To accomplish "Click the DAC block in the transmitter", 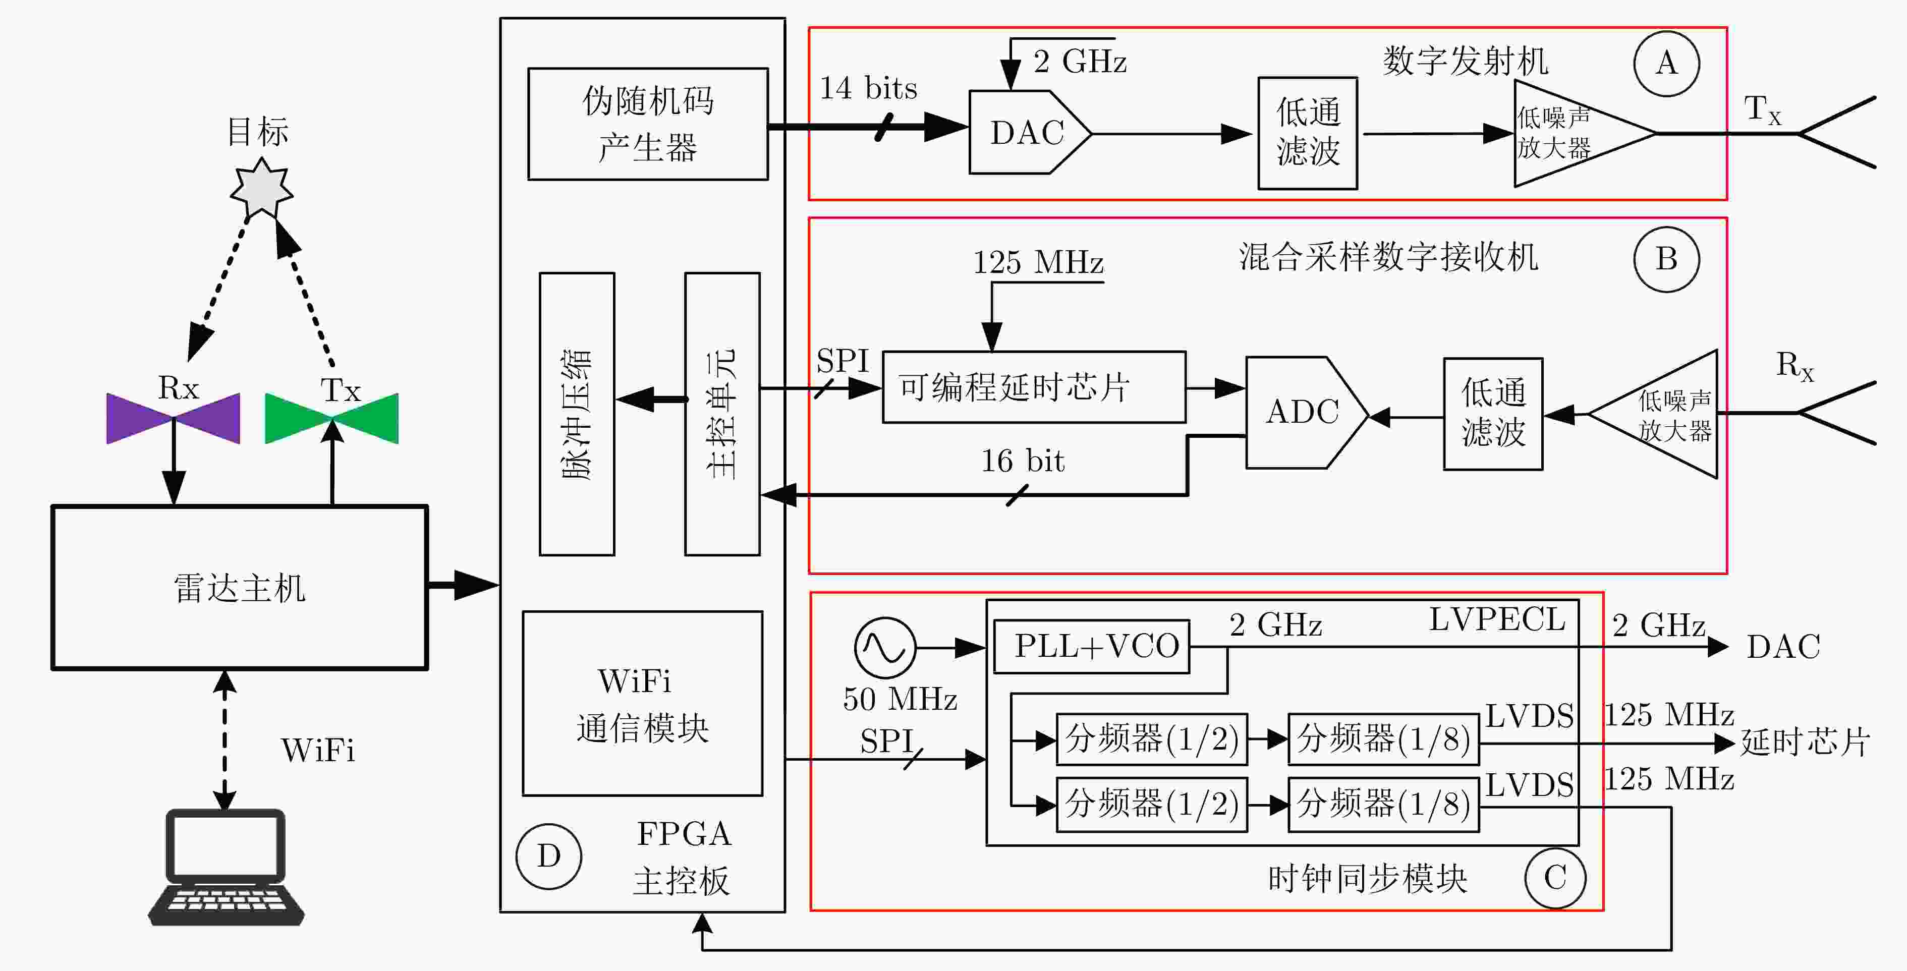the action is (x=1029, y=133).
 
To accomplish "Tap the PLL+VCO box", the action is (x=1091, y=647).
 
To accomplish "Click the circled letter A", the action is (x=1666, y=64).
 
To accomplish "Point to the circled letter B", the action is (x=1666, y=259).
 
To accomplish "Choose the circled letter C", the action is (x=1555, y=878).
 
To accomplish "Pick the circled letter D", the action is (x=548, y=856).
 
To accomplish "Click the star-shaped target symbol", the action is (x=261, y=189).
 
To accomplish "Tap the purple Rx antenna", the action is (x=173, y=418).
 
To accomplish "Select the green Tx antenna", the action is (x=331, y=418).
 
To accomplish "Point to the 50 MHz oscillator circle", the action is (x=885, y=648).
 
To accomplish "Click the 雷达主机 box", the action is (x=239, y=588).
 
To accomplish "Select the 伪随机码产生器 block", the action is (x=648, y=124).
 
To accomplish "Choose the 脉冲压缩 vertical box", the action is (x=577, y=414).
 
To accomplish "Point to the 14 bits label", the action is (x=868, y=88).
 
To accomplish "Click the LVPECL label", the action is (x=1497, y=619).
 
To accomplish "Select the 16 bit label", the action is (x=1022, y=461).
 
